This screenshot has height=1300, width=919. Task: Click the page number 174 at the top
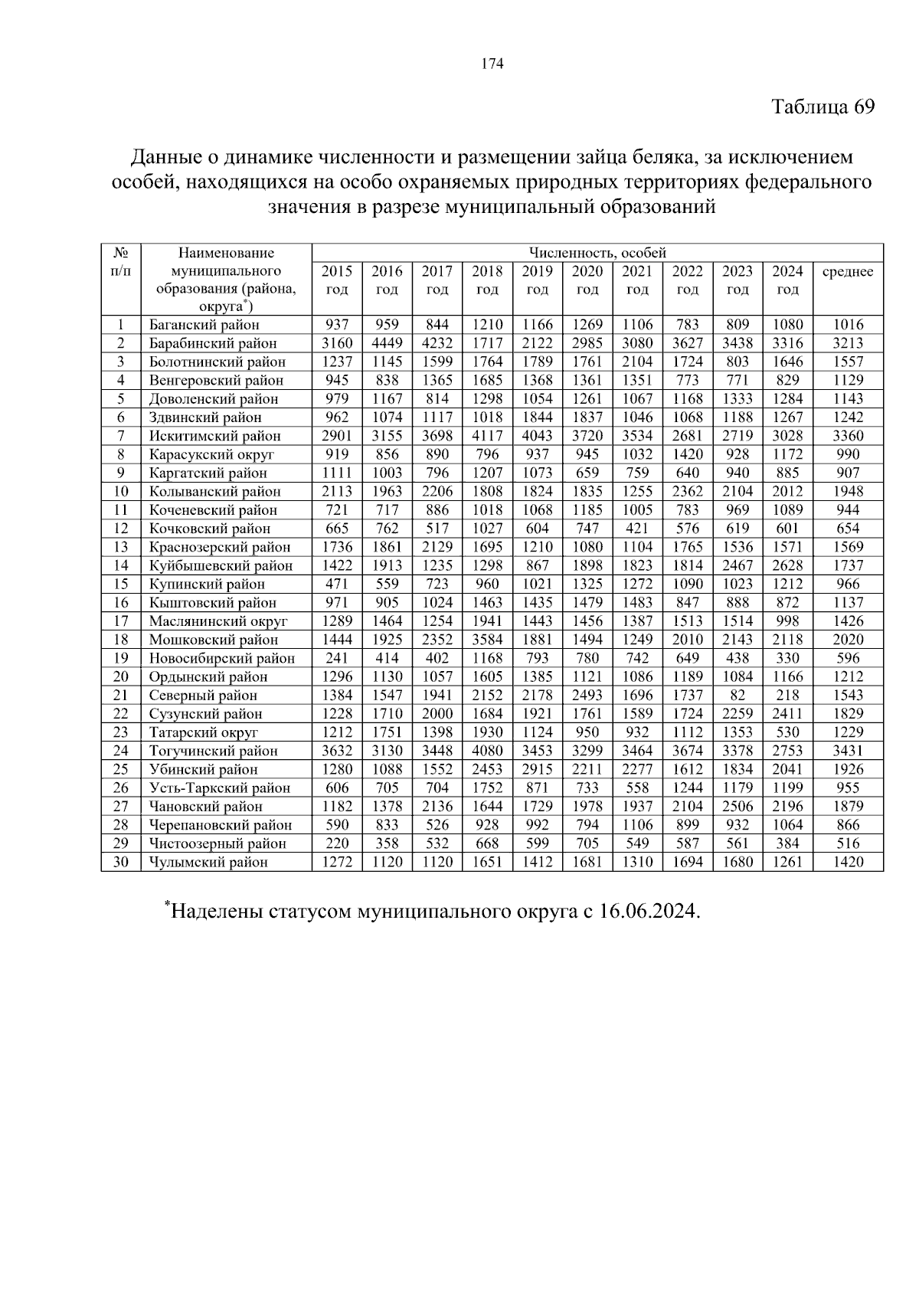492,64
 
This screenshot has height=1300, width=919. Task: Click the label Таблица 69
822,106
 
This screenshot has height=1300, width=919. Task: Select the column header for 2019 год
537,280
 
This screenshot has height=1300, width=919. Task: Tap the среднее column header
847,272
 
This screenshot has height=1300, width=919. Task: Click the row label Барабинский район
213,343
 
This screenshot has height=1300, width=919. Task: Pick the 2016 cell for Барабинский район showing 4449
387,343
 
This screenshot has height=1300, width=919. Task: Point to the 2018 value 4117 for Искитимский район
487,436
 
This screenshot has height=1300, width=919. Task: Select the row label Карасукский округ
211,454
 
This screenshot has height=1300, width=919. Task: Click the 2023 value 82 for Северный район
737,695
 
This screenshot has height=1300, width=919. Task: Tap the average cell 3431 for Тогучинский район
847,751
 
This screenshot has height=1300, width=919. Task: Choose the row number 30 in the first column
121,862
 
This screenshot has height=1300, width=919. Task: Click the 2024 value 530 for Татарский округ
787,732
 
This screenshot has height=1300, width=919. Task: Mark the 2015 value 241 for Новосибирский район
337,658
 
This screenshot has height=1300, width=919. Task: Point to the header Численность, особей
597,253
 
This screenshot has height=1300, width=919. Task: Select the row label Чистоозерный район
217,843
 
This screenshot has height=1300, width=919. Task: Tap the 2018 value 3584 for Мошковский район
487,640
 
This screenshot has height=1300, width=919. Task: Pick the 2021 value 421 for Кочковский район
637,529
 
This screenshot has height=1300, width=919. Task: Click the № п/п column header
121,262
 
